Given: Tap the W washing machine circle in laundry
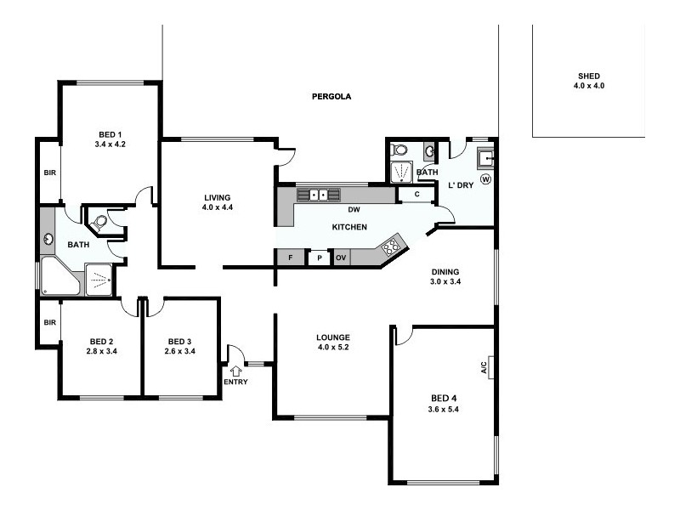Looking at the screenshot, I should pyautogui.click(x=485, y=179).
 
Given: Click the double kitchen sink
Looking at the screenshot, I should pyautogui.click(x=318, y=195).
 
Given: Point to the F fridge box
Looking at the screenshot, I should pyautogui.click(x=290, y=257).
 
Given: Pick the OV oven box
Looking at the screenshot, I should pyautogui.click(x=341, y=257).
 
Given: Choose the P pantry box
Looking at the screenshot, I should pyautogui.click(x=319, y=257).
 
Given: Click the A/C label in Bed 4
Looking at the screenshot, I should pyautogui.click(x=484, y=366).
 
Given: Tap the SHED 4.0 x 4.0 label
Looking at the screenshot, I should pyautogui.click(x=588, y=81).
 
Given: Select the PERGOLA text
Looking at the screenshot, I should pyautogui.click(x=331, y=97).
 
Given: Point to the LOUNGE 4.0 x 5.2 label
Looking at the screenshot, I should pyautogui.click(x=333, y=342).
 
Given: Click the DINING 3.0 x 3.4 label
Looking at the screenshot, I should pyautogui.click(x=445, y=276).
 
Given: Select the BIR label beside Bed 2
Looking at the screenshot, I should pyautogui.click(x=49, y=322).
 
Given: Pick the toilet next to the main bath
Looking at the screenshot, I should pyautogui.click(x=99, y=223).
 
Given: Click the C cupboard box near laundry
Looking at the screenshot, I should pyautogui.click(x=416, y=195).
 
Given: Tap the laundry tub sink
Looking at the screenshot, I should pyautogui.click(x=485, y=157).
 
